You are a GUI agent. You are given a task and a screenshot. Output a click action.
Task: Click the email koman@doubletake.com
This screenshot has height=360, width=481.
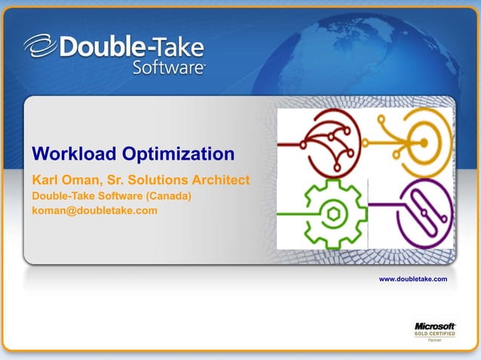(94, 211)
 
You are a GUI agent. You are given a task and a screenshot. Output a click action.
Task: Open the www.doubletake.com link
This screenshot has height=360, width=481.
(413, 279)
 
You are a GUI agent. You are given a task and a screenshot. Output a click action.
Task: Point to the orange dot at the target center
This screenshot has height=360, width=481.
(423, 142)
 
